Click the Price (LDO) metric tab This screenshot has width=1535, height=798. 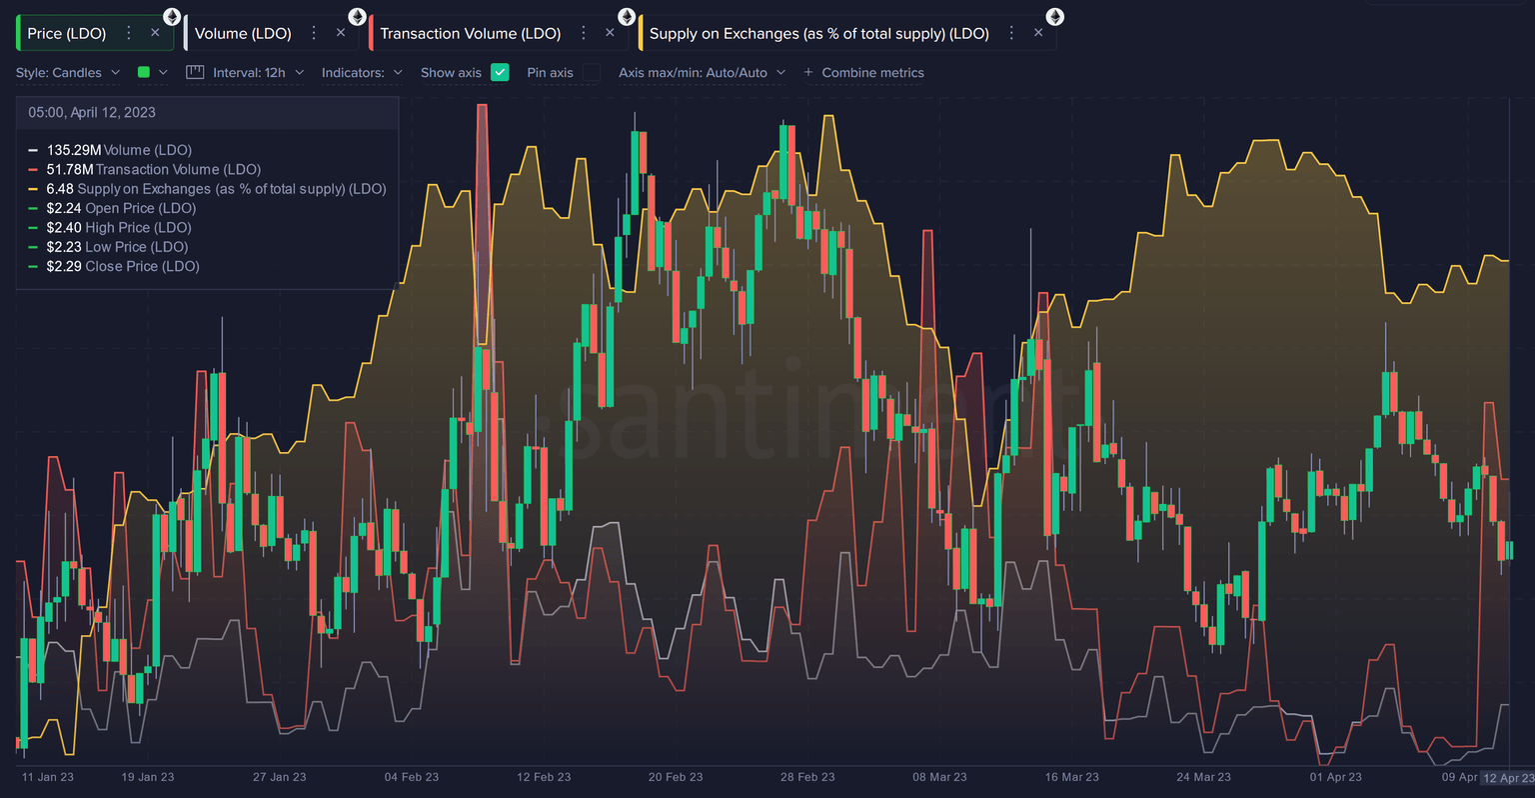pyautogui.click(x=67, y=33)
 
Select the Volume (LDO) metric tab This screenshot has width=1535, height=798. pyautogui.click(x=243, y=33)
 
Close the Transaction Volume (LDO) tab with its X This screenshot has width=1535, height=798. pyautogui.click(x=610, y=33)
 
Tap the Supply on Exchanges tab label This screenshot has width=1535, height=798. pyautogui.click(x=818, y=33)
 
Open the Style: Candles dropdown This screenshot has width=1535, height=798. pyautogui.click(x=68, y=73)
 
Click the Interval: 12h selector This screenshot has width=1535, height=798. pyautogui.click(x=246, y=73)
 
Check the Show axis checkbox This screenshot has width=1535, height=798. pyautogui.click(x=501, y=72)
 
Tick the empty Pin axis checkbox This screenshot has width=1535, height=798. pyautogui.click(x=592, y=72)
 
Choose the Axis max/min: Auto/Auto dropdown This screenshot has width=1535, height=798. pyautogui.click(x=702, y=73)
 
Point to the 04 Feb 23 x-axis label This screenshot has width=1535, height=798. pyautogui.click(x=412, y=777)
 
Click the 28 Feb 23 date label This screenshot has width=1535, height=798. pyautogui.click(x=807, y=777)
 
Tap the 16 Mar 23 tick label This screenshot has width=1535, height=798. pyautogui.click(x=1071, y=777)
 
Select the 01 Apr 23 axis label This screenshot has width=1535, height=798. pyautogui.click(x=1335, y=777)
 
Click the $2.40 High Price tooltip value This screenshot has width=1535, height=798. pyautogui.click(x=118, y=228)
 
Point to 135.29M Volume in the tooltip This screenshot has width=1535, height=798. pyautogui.click(x=118, y=150)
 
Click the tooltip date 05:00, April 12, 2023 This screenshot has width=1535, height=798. pyautogui.click(x=92, y=112)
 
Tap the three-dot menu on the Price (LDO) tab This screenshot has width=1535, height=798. pyautogui.click(x=128, y=33)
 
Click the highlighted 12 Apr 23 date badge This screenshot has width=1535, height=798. pyautogui.click(x=1508, y=778)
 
